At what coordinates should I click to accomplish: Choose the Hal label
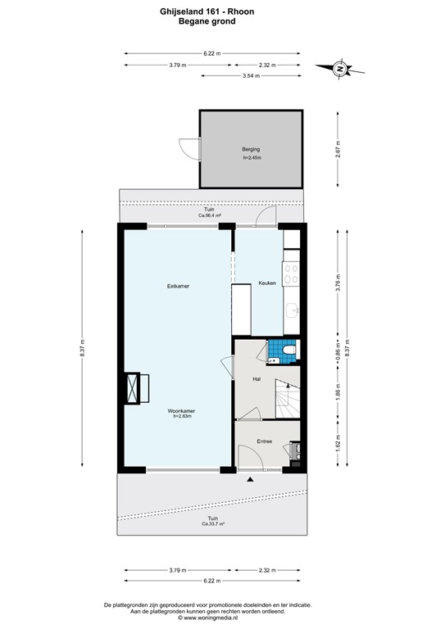[x=257, y=379]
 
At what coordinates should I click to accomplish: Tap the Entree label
[x=264, y=441]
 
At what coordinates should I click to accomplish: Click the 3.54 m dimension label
[x=251, y=75]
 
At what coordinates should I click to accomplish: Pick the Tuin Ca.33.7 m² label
[x=213, y=521]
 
